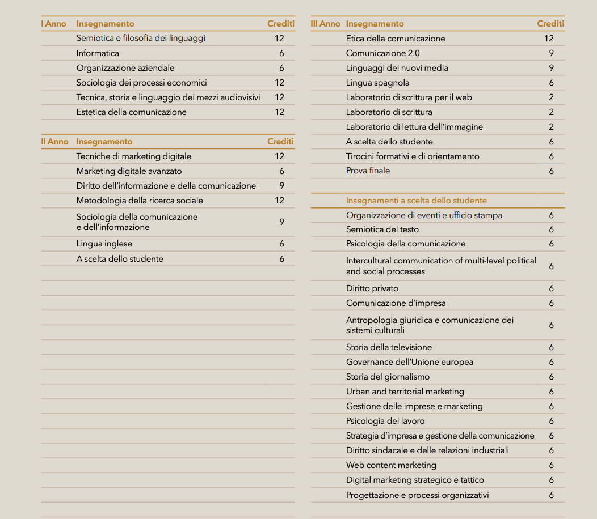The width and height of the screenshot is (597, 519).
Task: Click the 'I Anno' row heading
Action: pos(54,24)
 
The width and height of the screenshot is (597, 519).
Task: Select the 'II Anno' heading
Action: pos(54,142)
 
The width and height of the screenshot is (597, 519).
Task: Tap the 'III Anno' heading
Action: pos(326,24)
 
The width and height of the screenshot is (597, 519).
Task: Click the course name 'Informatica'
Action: pos(98,53)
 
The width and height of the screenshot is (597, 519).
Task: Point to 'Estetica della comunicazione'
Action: pos(131,112)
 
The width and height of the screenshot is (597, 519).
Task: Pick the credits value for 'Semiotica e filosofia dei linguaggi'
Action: pos(279,39)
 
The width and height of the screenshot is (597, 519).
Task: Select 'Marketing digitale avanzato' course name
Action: pos(129,171)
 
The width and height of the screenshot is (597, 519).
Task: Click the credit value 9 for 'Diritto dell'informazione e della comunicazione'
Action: pos(281,186)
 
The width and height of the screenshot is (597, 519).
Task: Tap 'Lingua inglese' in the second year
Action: pos(104,244)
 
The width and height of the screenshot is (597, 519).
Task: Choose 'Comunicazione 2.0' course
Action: pos(382,53)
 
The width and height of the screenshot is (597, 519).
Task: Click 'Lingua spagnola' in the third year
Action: pos(377,83)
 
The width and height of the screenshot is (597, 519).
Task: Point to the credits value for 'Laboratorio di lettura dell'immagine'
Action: pos(551,127)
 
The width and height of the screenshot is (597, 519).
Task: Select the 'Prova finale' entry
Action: pos(368,171)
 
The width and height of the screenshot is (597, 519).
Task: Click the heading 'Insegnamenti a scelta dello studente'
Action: pos(416,201)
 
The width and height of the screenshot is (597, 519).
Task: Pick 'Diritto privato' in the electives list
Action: pos(372,288)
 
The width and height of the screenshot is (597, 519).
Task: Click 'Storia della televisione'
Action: pos(389,347)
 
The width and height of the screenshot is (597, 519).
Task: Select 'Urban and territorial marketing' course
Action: pos(405,392)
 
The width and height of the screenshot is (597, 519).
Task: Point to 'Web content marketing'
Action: pos(391,465)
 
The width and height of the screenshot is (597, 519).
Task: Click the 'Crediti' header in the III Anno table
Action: pos(550,24)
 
